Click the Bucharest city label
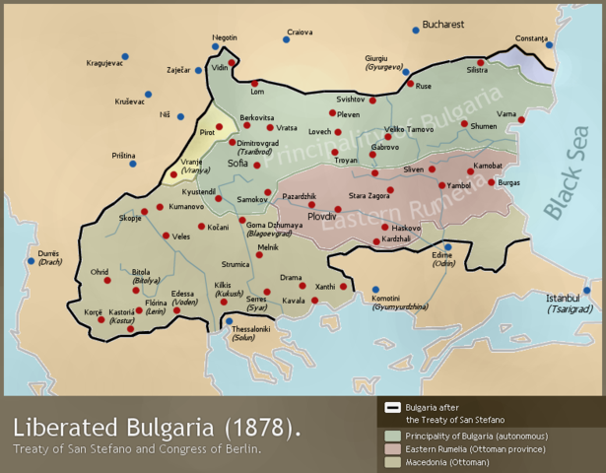(x=443, y=23)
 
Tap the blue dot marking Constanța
(x=550, y=45)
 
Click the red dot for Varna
(x=521, y=120)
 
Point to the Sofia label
(x=238, y=164)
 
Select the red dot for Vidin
(x=233, y=63)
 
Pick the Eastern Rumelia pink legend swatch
(x=392, y=448)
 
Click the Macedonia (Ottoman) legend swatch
(x=392, y=461)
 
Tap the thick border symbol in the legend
(x=392, y=407)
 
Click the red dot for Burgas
(x=492, y=182)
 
